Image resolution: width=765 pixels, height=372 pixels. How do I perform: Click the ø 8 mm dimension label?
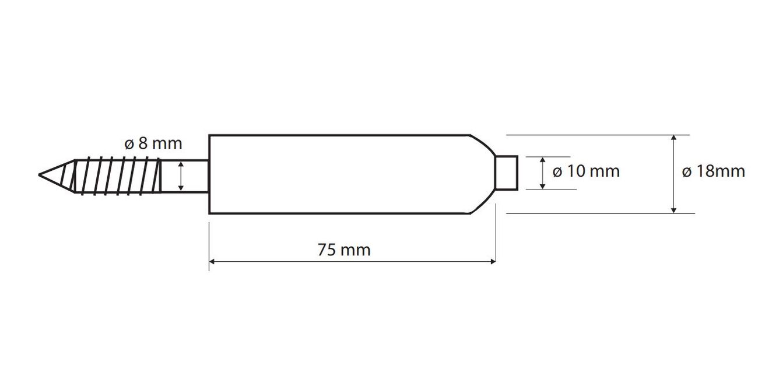tap(153, 144)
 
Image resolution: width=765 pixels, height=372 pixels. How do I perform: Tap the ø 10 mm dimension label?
tap(586, 171)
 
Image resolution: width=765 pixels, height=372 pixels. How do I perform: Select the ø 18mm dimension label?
tap(714, 171)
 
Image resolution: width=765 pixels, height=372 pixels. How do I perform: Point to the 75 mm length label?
tap(344, 250)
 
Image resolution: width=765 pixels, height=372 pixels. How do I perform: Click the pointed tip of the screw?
tap(39, 174)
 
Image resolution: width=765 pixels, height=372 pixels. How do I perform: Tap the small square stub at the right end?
tap(507, 173)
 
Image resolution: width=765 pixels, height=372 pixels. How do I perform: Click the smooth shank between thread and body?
tap(184, 176)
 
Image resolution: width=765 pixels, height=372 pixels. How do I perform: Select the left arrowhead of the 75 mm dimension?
tap(212, 262)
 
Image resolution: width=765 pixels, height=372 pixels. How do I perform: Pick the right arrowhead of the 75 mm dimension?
tap(493, 262)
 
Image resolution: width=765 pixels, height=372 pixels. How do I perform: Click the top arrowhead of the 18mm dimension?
tap(673, 138)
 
